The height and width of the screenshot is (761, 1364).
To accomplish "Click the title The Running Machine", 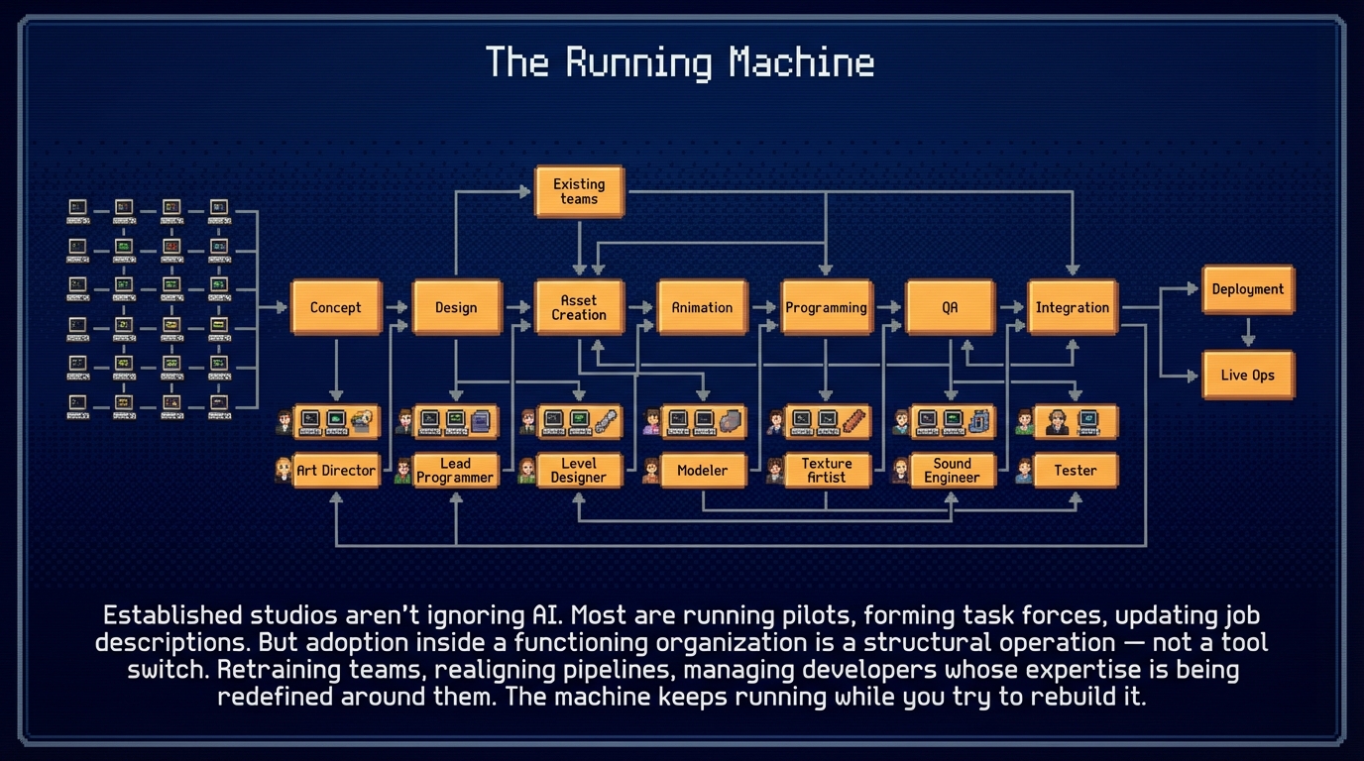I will pyautogui.click(x=680, y=63).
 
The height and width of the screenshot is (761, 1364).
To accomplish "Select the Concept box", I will pyautogui.click(x=335, y=307).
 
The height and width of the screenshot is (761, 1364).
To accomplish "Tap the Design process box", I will pyautogui.click(x=456, y=307).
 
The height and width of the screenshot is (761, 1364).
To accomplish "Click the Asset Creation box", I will pyautogui.click(x=579, y=307).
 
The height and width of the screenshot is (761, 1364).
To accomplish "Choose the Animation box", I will pyautogui.click(x=702, y=307).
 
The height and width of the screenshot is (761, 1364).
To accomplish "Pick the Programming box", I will pyautogui.click(x=826, y=307).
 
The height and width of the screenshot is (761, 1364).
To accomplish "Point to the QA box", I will pyautogui.click(x=950, y=307).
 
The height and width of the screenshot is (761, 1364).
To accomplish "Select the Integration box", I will pyautogui.click(x=1073, y=307).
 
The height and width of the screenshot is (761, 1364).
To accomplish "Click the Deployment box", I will pyautogui.click(x=1248, y=289).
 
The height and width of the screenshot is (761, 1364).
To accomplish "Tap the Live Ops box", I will pyautogui.click(x=1248, y=376).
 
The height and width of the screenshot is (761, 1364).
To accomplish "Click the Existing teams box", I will pyautogui.click(x=579, y=191).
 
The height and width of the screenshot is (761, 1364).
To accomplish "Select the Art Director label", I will pyautogui.click(x=336, y=471).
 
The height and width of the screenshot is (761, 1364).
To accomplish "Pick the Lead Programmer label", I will pyautogui.click(x=456, y=471).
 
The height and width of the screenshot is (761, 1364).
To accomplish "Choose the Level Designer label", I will pyautogui.click(x=579, y=471).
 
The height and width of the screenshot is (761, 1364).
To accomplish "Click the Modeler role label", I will pyautogui.click(x=702, y=471).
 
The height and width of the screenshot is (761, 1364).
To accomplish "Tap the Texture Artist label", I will pyautogui.click(x=826, y=471).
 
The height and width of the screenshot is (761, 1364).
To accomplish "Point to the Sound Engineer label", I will pyautogui.click(x=952, y=471).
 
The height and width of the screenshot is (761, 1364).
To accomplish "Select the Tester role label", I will pyautogui.click(x=1076, y=471).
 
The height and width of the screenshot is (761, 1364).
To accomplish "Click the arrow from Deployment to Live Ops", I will pyautogui.click(x=1248, y=332).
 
